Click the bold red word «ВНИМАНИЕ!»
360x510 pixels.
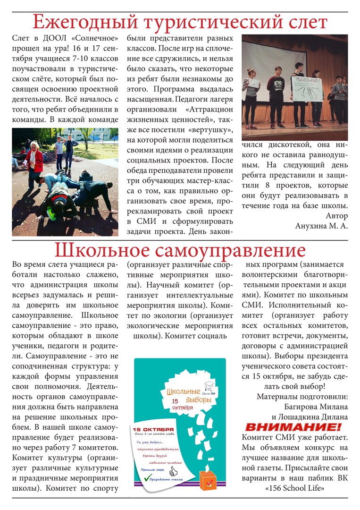point(293,427)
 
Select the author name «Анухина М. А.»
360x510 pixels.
point(321,226)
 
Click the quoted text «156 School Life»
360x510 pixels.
point(294,488)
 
